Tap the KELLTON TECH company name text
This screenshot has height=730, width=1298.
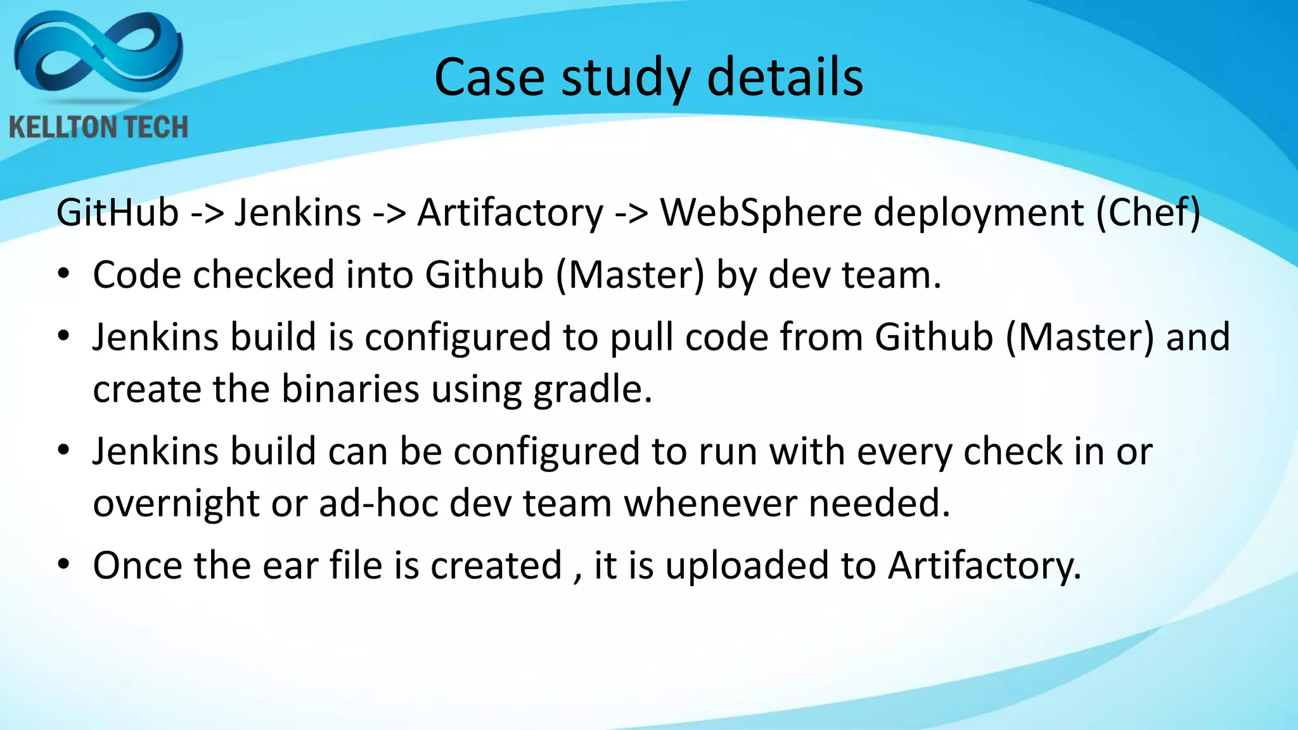pyautogui.click(x=99, y=127)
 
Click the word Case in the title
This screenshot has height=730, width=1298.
pyautogui.click(x=489, y=77)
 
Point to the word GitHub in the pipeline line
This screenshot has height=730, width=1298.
pyautogui.click(x=117, y=212)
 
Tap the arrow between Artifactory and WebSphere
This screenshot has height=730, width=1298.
pyautogui.click(x=631, y=214)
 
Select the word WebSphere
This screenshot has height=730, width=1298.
pyautogui.click(x=761, y=212)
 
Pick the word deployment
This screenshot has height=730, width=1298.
pyautogui.click(x=979, y=214)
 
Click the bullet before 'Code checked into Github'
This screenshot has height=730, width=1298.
pyautogui.click(x=63, y=275)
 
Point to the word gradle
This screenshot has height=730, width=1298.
pyautogui.click(x=592, y=389)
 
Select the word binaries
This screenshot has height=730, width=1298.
pyautogui.click(x=350, y=388)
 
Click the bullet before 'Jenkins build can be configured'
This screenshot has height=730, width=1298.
pyautogui.click(x=63, y=451)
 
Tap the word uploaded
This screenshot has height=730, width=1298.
pyautogui.click(x=747, y=565)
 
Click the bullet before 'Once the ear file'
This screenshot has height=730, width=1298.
pyautogui.click(x=63, y=565)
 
